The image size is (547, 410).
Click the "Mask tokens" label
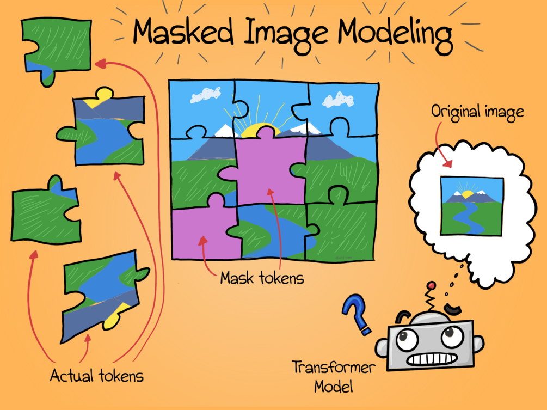(262, 278)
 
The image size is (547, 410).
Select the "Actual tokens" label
(96, 375)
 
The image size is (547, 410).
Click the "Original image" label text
(477, 112)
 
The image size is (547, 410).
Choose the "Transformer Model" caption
(333, 376)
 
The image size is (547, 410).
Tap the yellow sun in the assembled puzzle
(256, 130)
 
